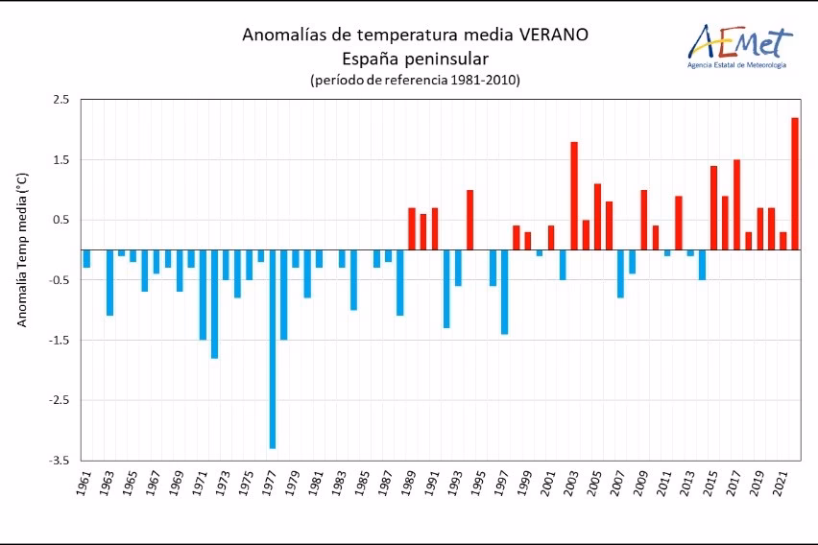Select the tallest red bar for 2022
[x=795, y=183]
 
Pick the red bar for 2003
[x=574, y=196]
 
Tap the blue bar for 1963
[x=110, y=283]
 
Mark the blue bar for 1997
[x=504, y=292]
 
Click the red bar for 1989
[x=412, y=228]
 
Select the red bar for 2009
[x=643, y=220]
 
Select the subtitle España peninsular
[x=415, y=58]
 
